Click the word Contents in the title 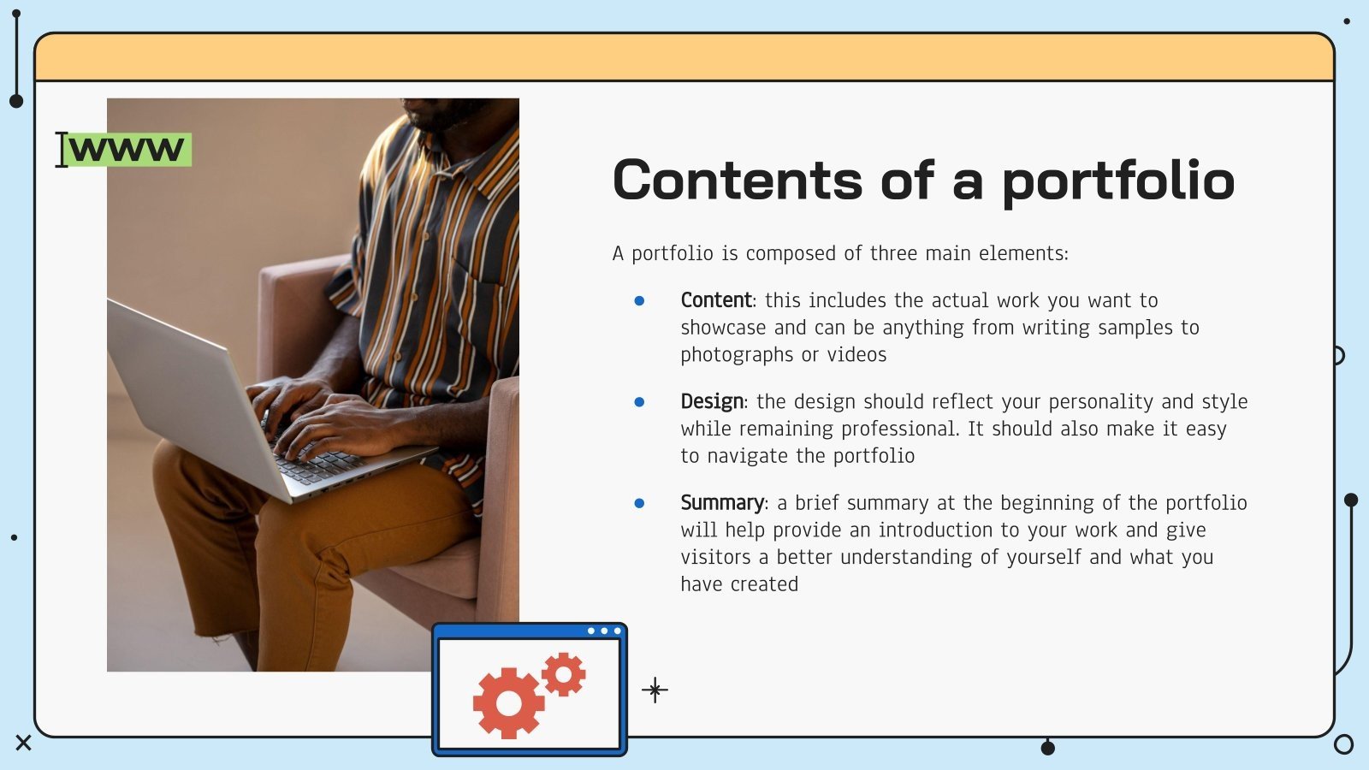[737, 181]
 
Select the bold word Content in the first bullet [715, 300]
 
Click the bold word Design [712, 401]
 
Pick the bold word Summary [722, 502]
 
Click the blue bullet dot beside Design [639, 401]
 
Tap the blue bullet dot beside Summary [639, 503]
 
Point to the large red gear [508, 703]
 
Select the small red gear [564, 674]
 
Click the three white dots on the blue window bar [604, 631]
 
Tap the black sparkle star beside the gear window [655, 690]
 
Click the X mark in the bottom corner [23, 743]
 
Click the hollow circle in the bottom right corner [1344, 744]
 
